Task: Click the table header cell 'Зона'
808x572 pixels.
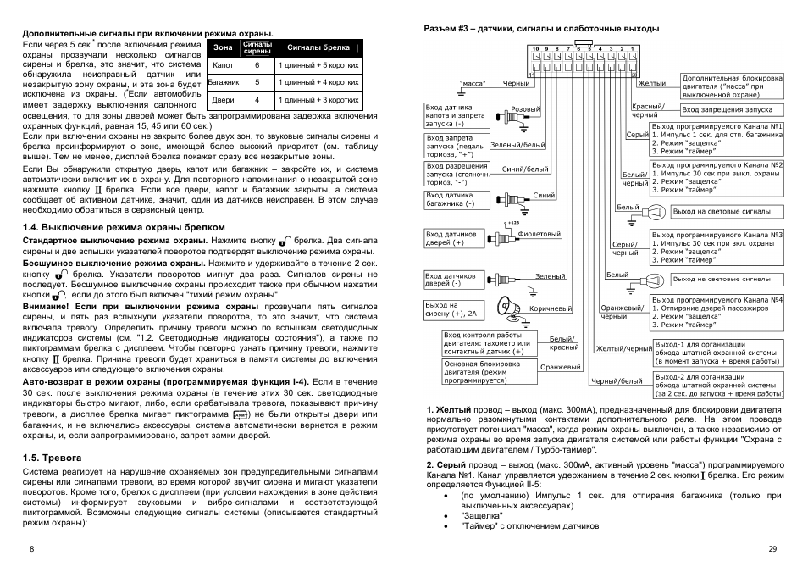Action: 223,47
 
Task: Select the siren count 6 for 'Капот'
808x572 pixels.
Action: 257,64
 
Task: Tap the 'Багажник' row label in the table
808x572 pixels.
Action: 224,82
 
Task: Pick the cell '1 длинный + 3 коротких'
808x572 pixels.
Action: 318,100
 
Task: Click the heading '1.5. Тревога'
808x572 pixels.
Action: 53,457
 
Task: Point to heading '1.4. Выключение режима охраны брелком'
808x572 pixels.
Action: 124,227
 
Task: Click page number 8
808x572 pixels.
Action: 31,549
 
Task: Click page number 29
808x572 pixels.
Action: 772,549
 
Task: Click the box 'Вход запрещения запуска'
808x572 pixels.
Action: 727,110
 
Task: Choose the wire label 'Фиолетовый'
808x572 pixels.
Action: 540,234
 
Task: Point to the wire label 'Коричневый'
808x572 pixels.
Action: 551,308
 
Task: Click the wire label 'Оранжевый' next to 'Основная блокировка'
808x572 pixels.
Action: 561,367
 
